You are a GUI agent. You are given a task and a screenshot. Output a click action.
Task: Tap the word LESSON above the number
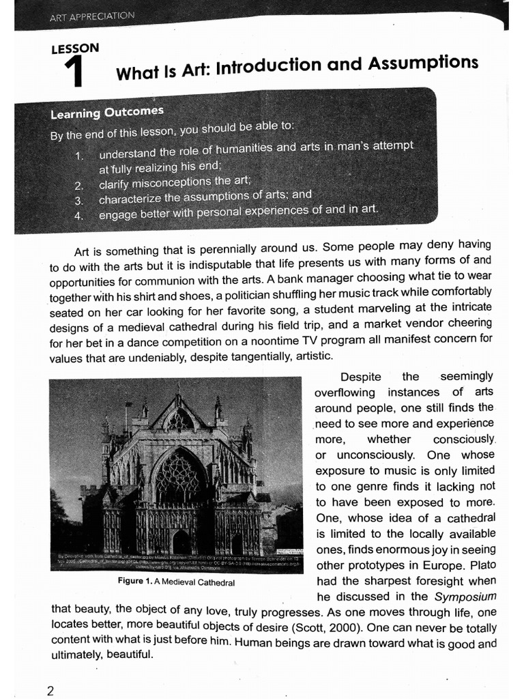(75, 48)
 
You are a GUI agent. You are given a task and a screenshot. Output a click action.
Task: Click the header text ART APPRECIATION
(92, 16)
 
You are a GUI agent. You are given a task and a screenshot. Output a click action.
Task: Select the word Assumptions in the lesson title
(423, 63)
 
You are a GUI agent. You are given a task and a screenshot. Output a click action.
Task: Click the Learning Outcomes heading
(107, 111)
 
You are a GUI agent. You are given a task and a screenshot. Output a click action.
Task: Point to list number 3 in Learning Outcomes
(79, 201)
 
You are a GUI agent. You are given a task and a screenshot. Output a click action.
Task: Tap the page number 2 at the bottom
(50, 690)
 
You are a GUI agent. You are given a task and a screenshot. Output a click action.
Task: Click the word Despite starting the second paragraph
(361, 377)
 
